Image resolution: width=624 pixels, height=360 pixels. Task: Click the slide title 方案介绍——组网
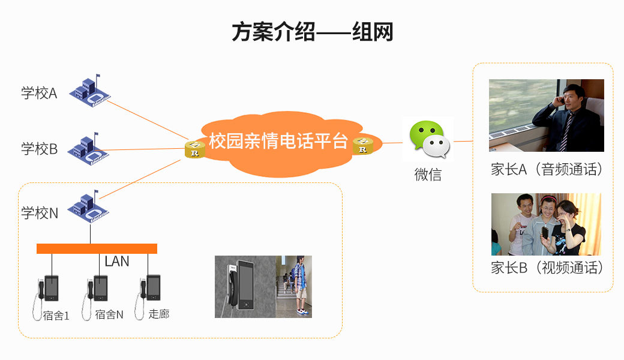[x=312, y=32]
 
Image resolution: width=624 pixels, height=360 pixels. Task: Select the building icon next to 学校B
[x=89, y=148]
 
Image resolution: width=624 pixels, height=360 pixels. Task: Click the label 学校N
[x=40, y=213]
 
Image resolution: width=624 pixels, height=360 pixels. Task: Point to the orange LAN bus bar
[x=97, y=248]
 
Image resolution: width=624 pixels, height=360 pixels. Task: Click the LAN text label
[x=117, y=262]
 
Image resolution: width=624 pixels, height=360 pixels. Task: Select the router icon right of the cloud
[x=362, y=146]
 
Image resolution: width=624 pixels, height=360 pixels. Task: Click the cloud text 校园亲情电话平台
[x=278, y=142]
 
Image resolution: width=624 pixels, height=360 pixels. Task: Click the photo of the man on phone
[x=546, y=115]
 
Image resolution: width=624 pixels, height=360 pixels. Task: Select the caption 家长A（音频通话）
[x=546, y=170]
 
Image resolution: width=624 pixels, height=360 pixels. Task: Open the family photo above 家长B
[x=546, y=224]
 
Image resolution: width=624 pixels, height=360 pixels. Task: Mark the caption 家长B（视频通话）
[x=547, y=268]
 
